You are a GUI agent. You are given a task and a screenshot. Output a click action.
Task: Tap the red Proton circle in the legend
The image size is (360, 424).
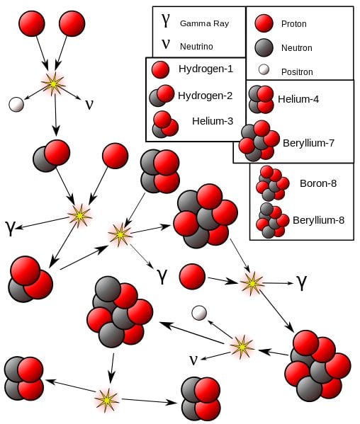coord(264,23)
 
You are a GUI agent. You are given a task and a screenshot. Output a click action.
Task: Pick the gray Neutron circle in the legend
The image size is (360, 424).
coord(264,47)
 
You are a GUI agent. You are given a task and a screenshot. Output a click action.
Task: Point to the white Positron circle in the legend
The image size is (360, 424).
coord(264,70)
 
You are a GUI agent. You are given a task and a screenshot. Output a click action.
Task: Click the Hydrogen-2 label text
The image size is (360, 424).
coord(206,95)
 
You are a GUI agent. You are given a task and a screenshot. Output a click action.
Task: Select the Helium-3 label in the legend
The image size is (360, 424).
coord(212,121)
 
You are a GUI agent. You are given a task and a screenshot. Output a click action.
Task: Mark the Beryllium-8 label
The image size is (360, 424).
coord(318,219)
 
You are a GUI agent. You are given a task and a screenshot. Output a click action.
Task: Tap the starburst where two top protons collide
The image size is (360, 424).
coord(53,84)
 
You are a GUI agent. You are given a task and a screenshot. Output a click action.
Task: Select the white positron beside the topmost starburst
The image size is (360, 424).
coord(16,104)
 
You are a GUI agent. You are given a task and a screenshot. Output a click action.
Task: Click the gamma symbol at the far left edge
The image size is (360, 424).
coord(10,227)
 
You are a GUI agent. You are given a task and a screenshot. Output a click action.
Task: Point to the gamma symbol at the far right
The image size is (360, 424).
coord(303,282)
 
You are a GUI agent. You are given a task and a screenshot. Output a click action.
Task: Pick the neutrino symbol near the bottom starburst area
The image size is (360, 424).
coord(193,360)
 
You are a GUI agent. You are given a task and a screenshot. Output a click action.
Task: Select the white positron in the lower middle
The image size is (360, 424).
coord(200,312)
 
